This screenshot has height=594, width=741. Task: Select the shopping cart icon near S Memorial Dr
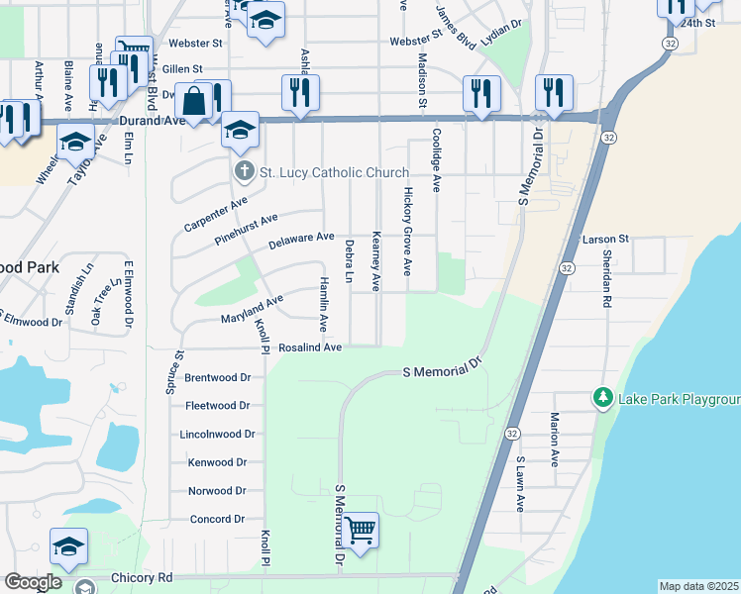coord(361,530)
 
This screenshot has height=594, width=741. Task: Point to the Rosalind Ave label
coord(310,347)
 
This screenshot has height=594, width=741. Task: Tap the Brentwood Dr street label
coord(218,377)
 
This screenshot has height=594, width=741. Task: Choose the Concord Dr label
coord(217,519)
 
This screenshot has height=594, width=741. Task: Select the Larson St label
coord(606,240)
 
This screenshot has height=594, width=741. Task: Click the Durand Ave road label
coord(154,121)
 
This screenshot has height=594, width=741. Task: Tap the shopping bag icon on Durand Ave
coord(195,101)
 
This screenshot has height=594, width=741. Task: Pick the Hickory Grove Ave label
coord(406,233)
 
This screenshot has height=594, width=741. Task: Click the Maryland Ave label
coord(252,308)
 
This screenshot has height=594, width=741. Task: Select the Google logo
coord(32,582)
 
